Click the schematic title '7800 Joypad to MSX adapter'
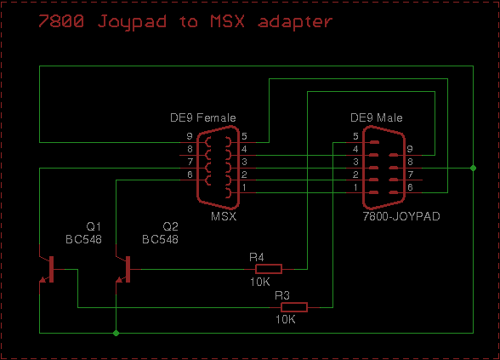[x=185, y=22]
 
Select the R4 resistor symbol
[x=269, y=269]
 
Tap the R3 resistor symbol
[x=294, y=307]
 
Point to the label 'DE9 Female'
[x=202, y=117]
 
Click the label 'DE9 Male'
[x=376, y=117]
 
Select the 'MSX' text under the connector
[x=224, y=216]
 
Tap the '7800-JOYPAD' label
[x=401, y=216]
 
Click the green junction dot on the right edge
[x=473, y=168]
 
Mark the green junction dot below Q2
[x=116, y=333]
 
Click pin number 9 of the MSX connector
[x=190, y=136]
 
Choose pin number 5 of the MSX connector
[x=244, y=136]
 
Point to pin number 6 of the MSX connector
[x=190, y=174]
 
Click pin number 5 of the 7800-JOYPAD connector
[x=355, y=136]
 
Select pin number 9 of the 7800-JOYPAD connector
[x=410, y=149]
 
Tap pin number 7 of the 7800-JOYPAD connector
[x=411, y=174]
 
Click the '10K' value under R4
[x=260, y=282]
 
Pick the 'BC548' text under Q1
[x=83, y=239]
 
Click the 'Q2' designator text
[x=171, y=226]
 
